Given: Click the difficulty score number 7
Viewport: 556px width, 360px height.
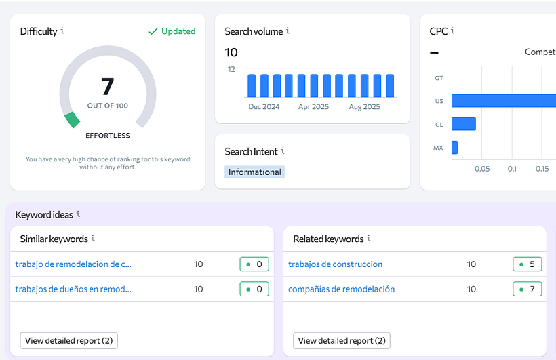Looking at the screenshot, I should [x=107, y=86].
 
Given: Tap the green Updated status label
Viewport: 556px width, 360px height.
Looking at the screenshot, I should [x=172, y=31].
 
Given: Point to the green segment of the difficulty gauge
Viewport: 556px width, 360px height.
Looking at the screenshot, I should [x=72, y=120].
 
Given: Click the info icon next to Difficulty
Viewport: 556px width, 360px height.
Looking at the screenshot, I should [x=62, y=31].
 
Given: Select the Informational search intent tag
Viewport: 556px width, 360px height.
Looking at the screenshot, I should [x=254, y=172].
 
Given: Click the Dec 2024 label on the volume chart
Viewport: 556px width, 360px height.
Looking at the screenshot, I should [x=264, y=107].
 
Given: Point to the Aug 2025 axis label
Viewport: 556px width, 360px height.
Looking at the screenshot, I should [x=364, y=107].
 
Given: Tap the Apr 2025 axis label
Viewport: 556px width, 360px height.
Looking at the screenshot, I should [x=313, y=107].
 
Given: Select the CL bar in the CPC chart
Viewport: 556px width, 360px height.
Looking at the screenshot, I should [x=464, y=124].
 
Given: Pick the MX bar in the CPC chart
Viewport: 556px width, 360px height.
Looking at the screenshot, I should [x=455, y=147].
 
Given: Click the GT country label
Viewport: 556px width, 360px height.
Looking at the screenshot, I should [x=439, y=78].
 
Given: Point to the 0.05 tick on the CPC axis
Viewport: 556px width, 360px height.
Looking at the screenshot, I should [x=482, y=169].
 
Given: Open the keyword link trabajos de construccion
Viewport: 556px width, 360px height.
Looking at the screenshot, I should [x=335, y=264].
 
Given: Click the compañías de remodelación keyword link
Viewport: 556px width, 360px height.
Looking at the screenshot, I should [x=341, y=289].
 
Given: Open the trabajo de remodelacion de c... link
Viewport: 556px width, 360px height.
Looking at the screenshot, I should [x=73, y=264].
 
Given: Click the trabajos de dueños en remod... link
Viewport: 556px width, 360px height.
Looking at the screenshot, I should [x=73, y=289].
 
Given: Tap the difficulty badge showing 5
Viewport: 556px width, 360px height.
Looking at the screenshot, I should [x=527, y=264].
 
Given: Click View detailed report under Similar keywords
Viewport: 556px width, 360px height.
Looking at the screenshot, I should [x=69, y=340].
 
